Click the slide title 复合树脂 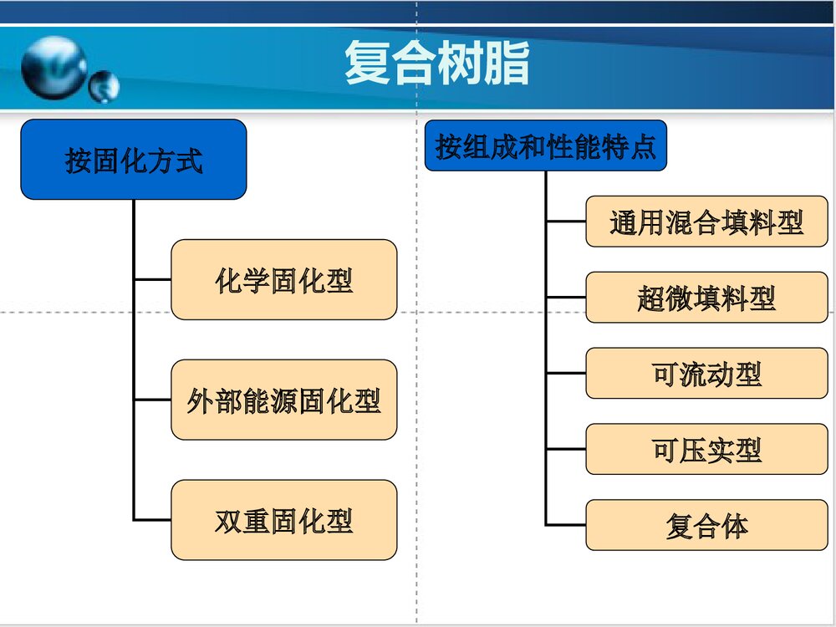pos(436,64)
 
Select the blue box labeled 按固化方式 pos(134,160)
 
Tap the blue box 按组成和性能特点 pos(545,146)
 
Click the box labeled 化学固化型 pos(283,280)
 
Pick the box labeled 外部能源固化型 pos(283,400)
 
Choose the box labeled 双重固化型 pos(283,519)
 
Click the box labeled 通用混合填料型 pos(706,222)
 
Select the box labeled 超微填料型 pos(706,298)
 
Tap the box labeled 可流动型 pos(706,373)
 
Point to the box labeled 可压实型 pos(706,449)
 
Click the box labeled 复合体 pos(706,525)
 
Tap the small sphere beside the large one pos(104,85)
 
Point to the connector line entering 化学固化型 pos(152,280)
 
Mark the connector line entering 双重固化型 pos(152,519)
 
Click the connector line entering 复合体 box pos(566,525)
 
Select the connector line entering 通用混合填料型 pos(566,222)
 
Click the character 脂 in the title pos(507,64)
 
